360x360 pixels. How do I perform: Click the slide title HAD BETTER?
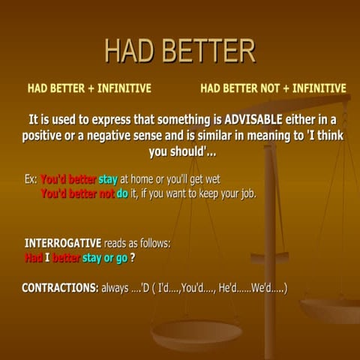pos(179,51)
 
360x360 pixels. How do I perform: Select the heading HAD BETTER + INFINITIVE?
pos(89,88)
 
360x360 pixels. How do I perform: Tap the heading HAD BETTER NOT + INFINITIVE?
pos(273,88)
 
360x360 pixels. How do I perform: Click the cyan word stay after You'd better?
pos(108,179)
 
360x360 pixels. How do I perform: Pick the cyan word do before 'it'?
pos(121,193)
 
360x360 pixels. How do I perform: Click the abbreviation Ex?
pos(31,179)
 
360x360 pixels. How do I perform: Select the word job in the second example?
pos(245,193)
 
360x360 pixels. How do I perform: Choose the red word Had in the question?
pos(34,258)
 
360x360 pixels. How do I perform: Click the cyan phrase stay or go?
pos(104,258)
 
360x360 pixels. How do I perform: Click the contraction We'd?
pos(262,288)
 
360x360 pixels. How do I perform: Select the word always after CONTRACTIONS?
pos(118,288)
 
